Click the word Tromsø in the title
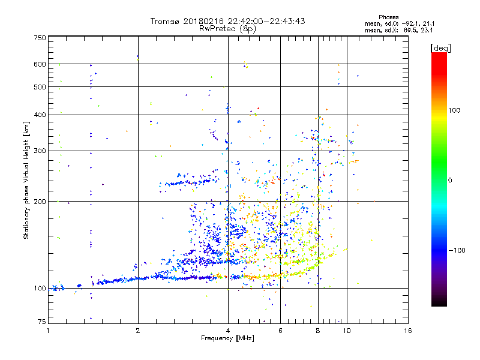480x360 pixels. [x=164, y=22]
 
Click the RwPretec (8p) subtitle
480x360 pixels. [x=228, y=28]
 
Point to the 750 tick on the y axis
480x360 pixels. [x=39, y=38]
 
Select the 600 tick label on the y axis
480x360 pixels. [x=39, y=64]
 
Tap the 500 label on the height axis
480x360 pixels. [x=39, y=87]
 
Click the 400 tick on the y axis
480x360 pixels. [x=39, y=115]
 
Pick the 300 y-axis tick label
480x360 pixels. [x=39, y=151]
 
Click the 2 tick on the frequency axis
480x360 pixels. [x=138, y=330]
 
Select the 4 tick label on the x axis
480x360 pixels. [x=228, y=330]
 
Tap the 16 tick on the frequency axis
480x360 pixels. [x=407, y=330]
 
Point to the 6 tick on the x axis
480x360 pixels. [x=280, y=330]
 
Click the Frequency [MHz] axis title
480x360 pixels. [x=227, y=338]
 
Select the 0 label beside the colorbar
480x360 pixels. [x=451, y=180]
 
